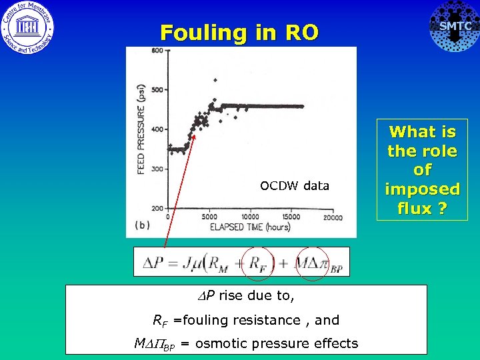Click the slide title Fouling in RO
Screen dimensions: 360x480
[239, 32]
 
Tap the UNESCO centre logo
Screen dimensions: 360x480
[28, 27]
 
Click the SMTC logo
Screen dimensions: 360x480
[455, 27]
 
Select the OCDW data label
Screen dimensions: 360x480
[295, 186]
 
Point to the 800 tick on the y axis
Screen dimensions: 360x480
[157, 51]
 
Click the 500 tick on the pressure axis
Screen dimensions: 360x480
[157, 90]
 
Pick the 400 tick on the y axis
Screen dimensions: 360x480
[157, 129]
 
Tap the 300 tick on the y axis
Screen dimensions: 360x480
[157, 169]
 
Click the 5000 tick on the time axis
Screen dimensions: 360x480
[209, 217]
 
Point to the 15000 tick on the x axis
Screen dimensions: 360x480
[291, 217]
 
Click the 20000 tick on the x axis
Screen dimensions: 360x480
[332, 217]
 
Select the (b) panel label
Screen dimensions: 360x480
[142, 225]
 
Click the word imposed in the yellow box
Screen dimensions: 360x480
[422, 189]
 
